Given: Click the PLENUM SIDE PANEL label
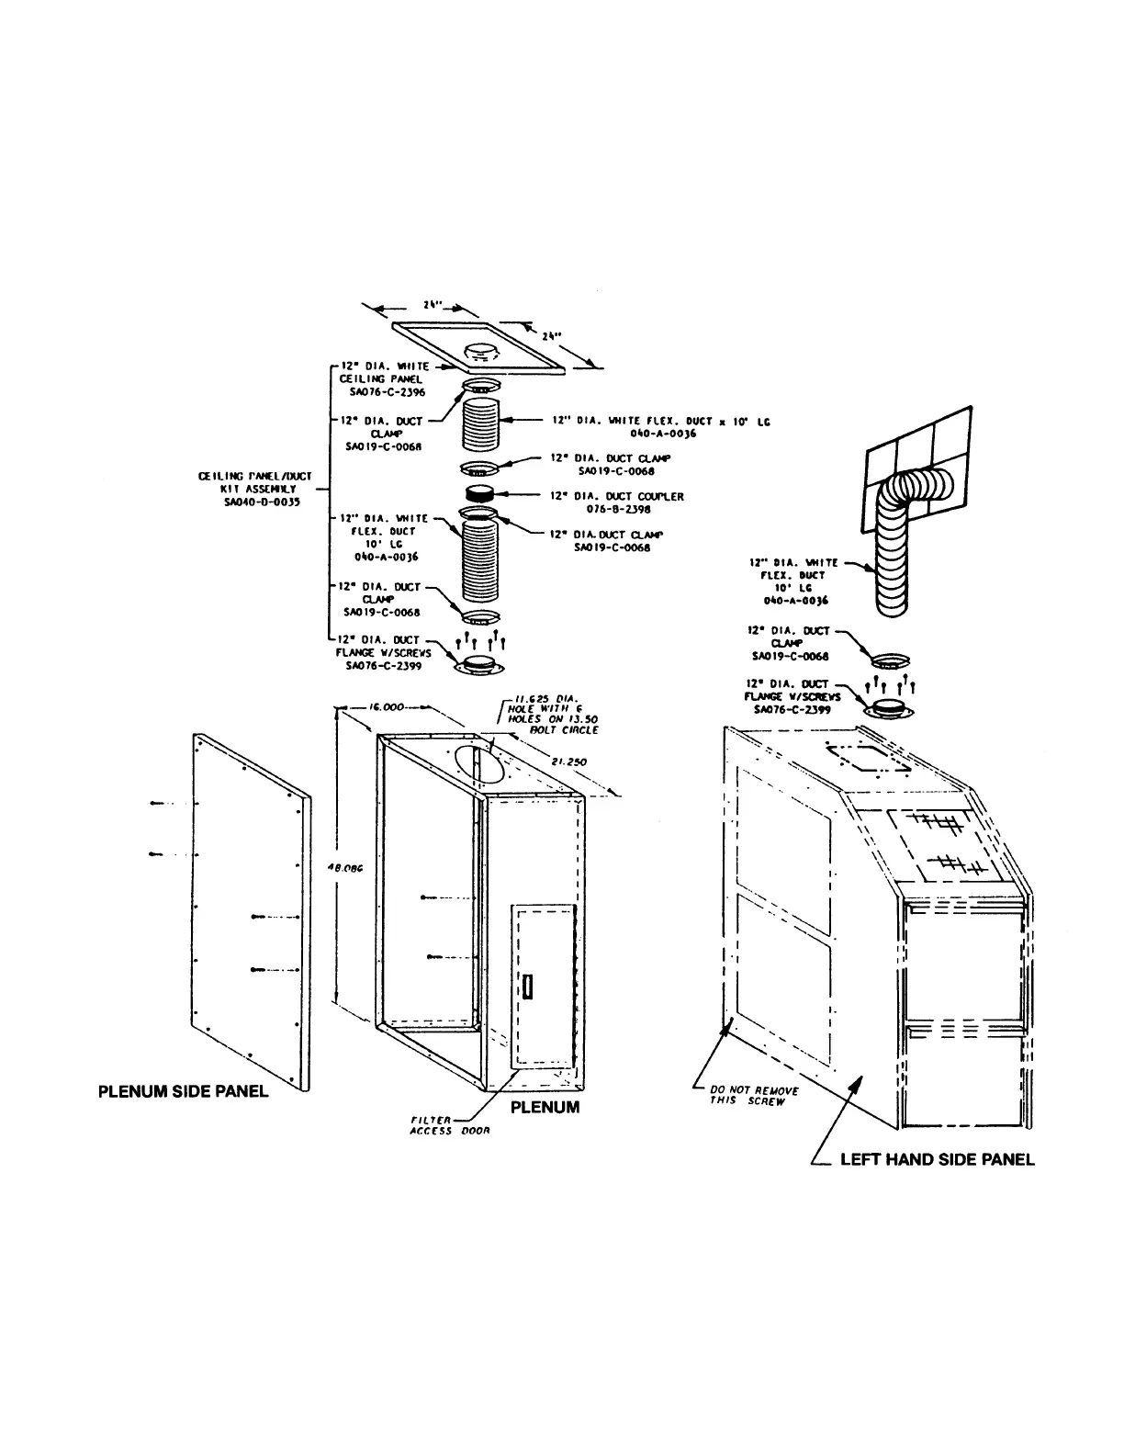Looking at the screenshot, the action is click(x=183, y=1091).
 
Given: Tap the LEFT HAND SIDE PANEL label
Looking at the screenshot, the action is click(x=937, y=1159).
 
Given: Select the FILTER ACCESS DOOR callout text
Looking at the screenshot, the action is click(x=449, y=1125).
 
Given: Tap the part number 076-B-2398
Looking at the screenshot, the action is click(x=619, y=509).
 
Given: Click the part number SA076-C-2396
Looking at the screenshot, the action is click(x=388, y=392).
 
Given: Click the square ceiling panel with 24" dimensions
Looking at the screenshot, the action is click(x=485, y=349).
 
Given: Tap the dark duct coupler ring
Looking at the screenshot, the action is click(x=480, y=495).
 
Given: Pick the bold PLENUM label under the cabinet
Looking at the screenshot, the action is click(x=545, y=1107).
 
